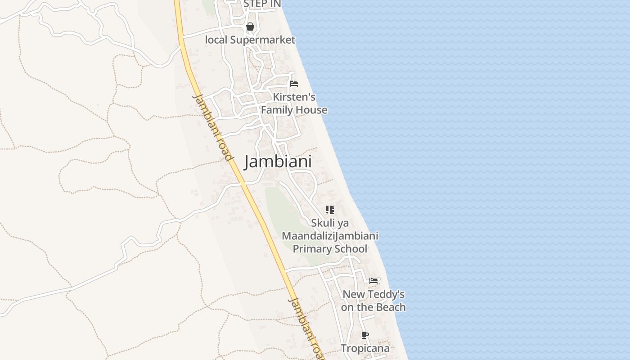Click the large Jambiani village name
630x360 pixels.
point(278,162)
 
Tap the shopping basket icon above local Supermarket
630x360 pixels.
point(250,27)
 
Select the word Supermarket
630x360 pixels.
point(263,40)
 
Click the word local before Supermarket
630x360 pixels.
point(216,40)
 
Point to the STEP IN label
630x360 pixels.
point(262,4)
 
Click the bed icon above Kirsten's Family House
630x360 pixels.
point(294,84)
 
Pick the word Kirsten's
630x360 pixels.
point(294,97)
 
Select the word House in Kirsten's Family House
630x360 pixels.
point(312,110)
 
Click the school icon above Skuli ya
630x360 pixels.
point(330,210)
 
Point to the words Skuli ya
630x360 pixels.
point(330,223)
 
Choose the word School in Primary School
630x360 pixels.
point(349,249)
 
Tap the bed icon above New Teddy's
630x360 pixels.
point(373,281)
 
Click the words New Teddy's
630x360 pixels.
point(373,295)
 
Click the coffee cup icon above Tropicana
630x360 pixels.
point(365,335)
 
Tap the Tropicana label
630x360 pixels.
point(365,348)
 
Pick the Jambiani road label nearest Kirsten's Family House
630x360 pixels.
point(212,127)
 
